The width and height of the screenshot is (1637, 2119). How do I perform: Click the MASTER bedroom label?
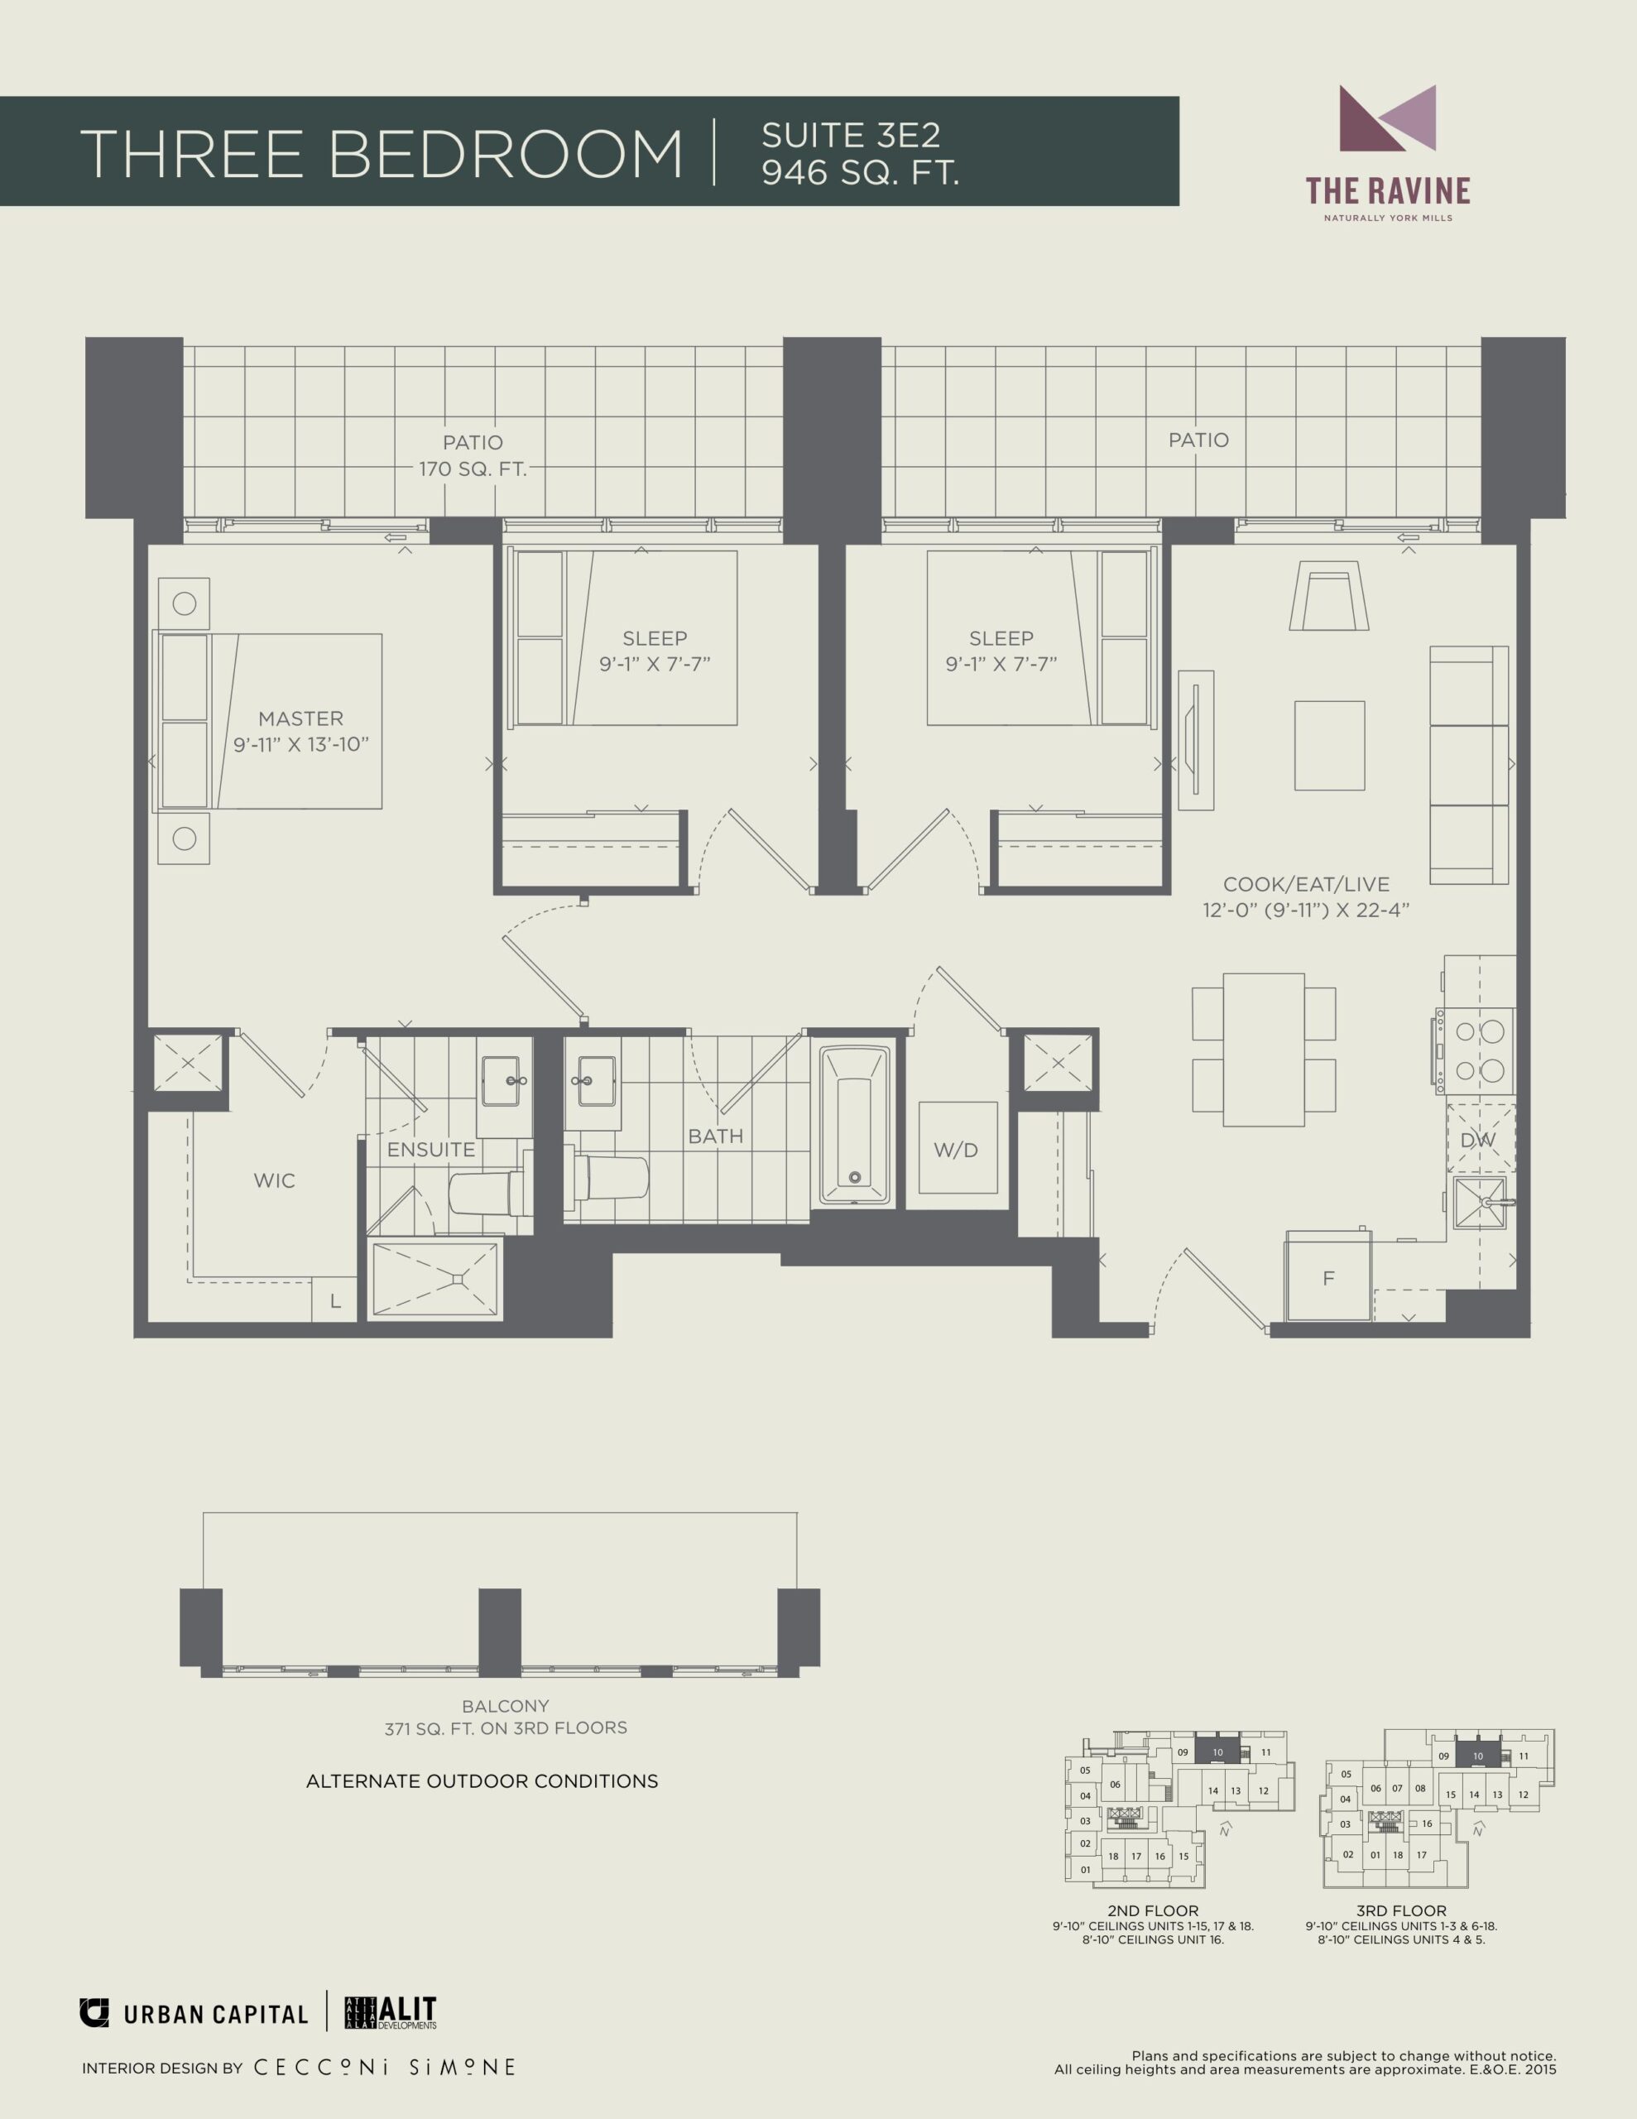click(300, 719)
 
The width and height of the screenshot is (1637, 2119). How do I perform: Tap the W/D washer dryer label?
click(956, 1151)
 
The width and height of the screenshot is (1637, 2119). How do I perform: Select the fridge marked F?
click(1328, 1277)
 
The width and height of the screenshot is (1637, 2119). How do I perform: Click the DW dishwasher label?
click(1478, 1140)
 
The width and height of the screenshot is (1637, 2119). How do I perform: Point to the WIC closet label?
click(274, 1181)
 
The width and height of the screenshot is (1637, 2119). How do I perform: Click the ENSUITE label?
click(431, 1150)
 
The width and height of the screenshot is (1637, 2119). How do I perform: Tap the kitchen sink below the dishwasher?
click(1481, 1203)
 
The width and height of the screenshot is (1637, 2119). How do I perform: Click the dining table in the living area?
click(1264, 1050)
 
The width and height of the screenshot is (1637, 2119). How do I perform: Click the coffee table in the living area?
click(1329, 745)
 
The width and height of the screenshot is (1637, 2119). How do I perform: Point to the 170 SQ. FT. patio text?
click(473, 469)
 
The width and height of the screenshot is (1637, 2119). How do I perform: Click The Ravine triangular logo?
click(1388, 118)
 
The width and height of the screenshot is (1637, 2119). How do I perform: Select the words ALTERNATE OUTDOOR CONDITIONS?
click(482, 1781)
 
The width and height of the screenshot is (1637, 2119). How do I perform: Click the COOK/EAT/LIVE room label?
click(1306, 884)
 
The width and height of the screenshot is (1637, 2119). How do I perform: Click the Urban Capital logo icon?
click(94, 2013)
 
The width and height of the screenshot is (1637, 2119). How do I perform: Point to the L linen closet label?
click(335, 1302)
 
